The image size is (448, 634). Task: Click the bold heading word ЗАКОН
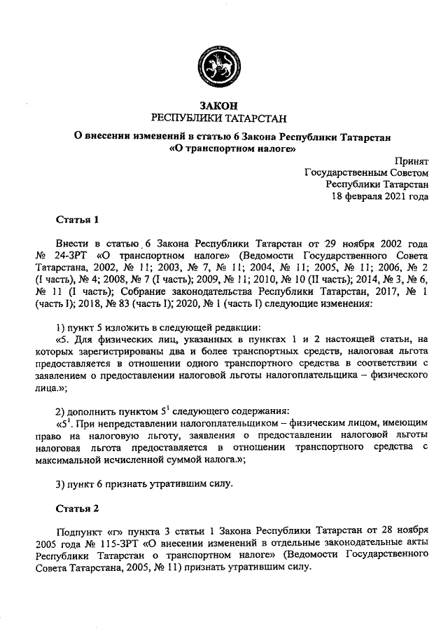224,105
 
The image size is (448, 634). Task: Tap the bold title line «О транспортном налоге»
224,149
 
